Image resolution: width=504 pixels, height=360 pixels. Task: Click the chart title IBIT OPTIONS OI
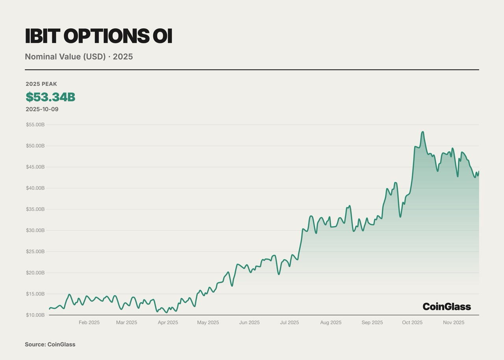pos(98,36)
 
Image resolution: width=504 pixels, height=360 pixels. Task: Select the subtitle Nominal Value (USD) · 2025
pos(79,57)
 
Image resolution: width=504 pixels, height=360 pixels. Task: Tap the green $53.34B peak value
pos(50,97)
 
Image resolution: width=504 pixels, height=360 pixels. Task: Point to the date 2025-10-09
pos(42,109)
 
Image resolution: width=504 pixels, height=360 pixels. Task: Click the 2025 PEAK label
pos(41,84)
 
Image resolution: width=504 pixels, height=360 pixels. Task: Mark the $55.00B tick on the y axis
pos(35,125)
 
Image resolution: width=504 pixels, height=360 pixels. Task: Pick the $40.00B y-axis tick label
pos(35,188)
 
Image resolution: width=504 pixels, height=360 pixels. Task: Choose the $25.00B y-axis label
pos(35,251)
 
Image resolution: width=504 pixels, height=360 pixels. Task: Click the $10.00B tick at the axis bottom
pos(35,315)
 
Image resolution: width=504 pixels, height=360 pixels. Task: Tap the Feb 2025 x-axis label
pos(89,323)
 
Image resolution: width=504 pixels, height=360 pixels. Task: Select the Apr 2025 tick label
pos(168,323)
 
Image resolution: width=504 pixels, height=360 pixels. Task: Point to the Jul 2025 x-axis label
pos(289,323)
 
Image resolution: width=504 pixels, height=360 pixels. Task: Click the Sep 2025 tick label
pos(372,323)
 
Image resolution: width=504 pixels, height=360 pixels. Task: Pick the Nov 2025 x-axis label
pos(454,323)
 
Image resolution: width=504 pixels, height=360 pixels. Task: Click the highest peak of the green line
pos(422,132)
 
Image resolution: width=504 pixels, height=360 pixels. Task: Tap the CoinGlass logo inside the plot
pos(447,306)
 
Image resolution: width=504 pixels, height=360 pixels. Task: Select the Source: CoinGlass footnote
pos(50,345)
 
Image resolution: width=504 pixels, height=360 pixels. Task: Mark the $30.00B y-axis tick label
pos(35,230)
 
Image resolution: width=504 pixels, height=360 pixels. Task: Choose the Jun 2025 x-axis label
pos(249,323)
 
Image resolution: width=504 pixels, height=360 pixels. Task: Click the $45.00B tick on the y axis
pos(35,167)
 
